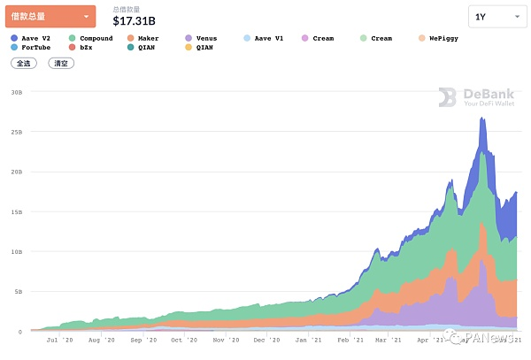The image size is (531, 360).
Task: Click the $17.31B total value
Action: (x=135, y=19)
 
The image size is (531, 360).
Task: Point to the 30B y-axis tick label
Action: (x=16, y=91)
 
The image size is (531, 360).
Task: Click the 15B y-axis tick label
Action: (x=16, y=211)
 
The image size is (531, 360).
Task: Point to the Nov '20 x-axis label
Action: (x=226, y=340)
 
